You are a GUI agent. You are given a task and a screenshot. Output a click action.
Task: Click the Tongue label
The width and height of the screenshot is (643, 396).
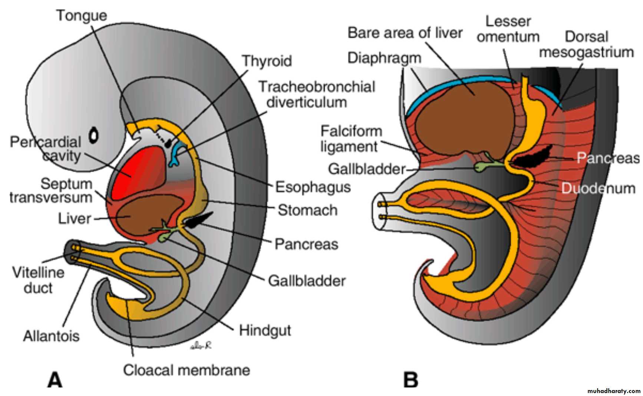click(82, 16)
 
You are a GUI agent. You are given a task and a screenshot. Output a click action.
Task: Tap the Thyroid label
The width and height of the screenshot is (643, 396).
click(267, 61)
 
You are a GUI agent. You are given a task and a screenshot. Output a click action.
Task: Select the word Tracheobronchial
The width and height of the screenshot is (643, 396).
click(317, 86)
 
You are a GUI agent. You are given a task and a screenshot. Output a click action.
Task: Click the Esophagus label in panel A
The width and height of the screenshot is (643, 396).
click(313, 187)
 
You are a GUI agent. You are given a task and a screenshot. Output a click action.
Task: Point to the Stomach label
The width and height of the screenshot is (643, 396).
click(307, 210)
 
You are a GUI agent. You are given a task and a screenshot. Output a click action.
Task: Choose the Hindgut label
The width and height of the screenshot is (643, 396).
click(265, 330)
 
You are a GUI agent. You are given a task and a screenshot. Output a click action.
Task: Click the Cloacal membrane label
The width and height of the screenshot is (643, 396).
click(186, 370)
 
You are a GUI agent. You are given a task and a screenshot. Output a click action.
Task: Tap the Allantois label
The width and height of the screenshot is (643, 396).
click(51, 336)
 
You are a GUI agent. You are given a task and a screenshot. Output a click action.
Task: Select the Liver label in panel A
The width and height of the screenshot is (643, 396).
click(74, 218)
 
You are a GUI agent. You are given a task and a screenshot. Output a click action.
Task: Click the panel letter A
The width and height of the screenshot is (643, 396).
click(55, 380)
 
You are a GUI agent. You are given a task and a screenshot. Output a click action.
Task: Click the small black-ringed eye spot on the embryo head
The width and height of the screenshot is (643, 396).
click(94, 135)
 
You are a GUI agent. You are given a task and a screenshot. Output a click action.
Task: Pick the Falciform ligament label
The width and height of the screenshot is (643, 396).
click(351, 139)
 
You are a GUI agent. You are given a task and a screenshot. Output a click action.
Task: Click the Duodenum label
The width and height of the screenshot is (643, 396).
click(598, 188)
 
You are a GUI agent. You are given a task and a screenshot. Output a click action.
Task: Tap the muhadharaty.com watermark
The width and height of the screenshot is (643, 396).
click(614, 391)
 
